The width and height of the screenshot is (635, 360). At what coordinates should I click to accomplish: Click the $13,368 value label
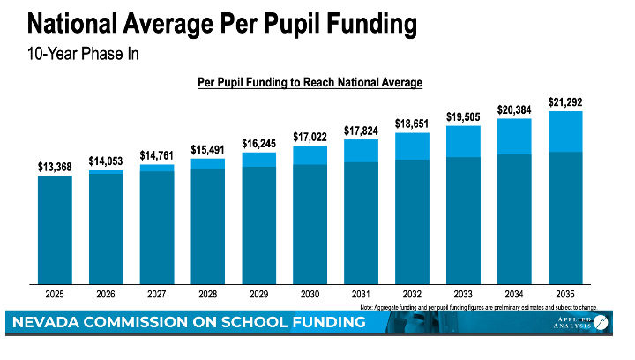click(x=54, y=167)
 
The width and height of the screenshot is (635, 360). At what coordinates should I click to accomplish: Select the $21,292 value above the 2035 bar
click(x=565, y=102)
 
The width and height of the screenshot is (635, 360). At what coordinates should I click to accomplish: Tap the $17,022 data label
click(x=310, y=137)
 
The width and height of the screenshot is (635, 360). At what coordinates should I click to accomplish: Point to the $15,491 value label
click(x=207, y=150)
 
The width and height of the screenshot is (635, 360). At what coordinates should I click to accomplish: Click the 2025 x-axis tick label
click(x=54, y=294)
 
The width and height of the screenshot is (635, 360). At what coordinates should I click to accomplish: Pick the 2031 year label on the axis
click(x=361, y=294)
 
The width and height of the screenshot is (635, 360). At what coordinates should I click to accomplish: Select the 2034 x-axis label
click(x=514, y=294)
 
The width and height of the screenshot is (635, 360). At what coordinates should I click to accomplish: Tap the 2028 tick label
click(x=207, y=294)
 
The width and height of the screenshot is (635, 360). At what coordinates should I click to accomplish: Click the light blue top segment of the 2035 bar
click(x=565, y=131)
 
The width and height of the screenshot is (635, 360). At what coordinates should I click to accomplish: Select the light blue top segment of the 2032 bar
click(x=412, y=146)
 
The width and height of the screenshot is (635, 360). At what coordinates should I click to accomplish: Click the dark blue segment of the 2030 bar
click(x=310, y=224)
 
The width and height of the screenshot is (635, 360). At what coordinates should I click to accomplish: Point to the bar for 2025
click(x=54, y=229)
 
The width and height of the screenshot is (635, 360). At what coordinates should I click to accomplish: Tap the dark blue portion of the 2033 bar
click(x=463, y=221)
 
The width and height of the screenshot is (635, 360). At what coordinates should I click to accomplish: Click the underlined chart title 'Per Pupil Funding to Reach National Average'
click(x=309, y=82)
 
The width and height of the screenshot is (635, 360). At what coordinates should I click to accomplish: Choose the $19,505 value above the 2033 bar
click(x=463, y=116)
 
